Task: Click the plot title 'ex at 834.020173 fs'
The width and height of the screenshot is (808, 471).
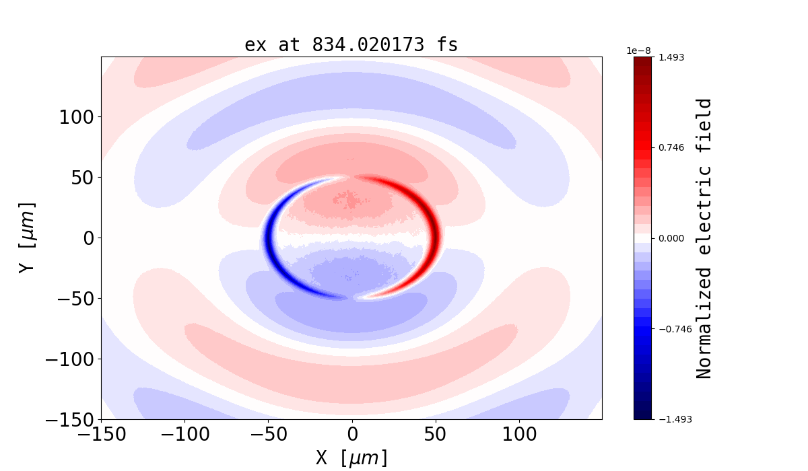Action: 351,45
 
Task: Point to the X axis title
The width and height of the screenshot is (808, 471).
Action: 351,458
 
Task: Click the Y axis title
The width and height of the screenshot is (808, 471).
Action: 26,238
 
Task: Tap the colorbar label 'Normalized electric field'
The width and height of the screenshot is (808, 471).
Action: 704,238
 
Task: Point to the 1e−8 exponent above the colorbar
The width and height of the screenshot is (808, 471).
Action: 639,50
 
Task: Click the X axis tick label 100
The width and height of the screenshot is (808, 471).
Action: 519,434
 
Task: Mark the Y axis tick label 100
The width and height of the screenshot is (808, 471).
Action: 77,117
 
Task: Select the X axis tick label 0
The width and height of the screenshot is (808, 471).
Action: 351,434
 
